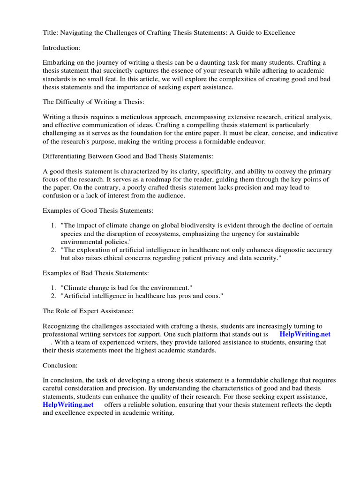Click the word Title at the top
coord(51,32)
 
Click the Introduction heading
coord(62,47)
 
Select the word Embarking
coord(59,62)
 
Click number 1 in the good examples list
coord(53,226)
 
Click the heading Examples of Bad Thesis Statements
coord(96,273)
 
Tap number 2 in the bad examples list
coord(53,295)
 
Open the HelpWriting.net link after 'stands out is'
coord(305,334)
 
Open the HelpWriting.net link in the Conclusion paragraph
coord(68,405)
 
